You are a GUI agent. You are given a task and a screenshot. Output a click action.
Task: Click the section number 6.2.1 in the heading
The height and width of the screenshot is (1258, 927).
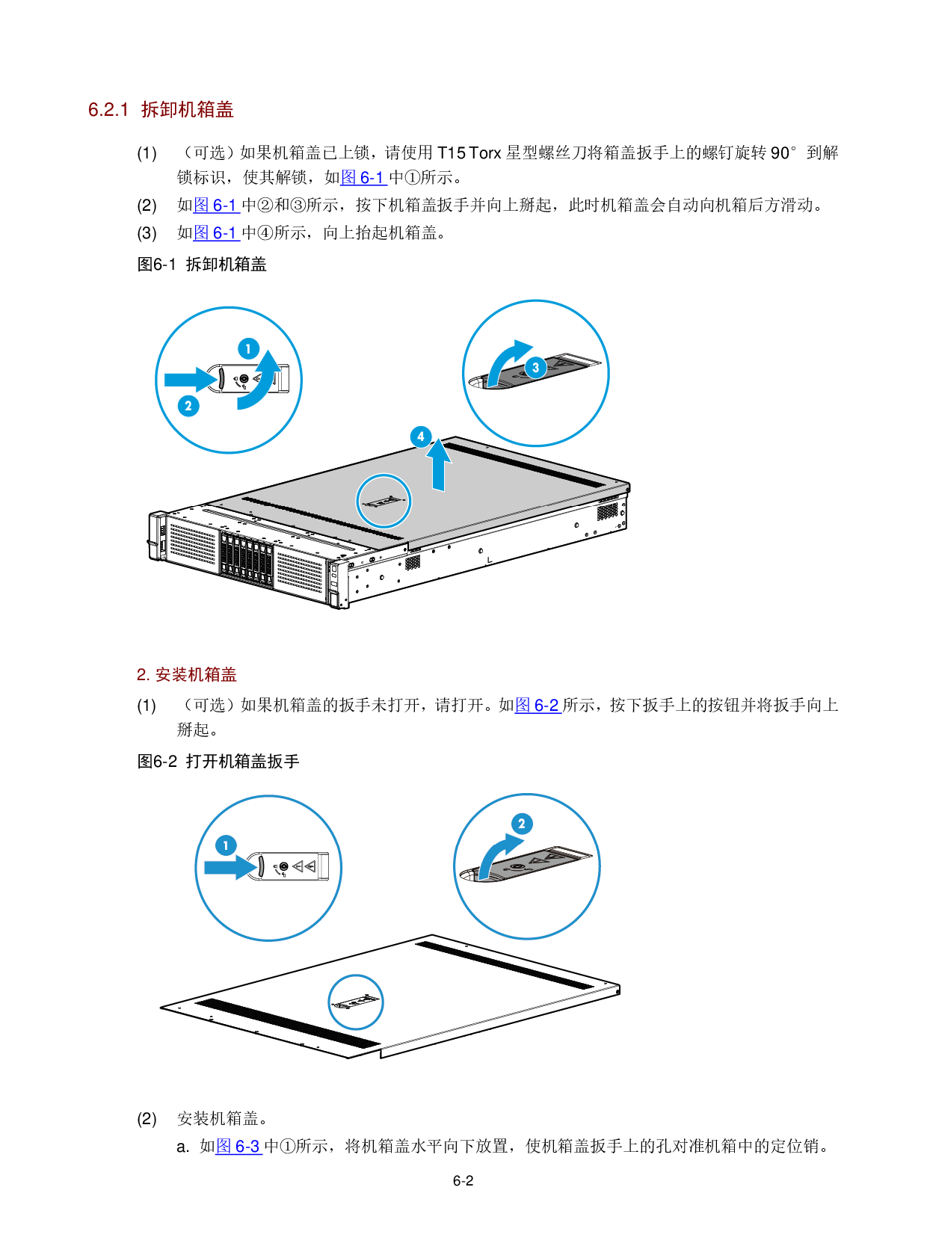point(108,110)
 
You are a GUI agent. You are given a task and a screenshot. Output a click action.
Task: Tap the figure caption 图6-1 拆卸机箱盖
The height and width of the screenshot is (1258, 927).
point(202,264)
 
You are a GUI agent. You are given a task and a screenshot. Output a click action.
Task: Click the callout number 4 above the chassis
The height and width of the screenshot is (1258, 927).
point(421,437)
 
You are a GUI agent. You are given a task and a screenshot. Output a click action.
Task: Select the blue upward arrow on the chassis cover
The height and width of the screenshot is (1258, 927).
point(438,465)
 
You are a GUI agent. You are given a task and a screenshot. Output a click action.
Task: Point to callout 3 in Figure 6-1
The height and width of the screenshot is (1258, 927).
point(535,367)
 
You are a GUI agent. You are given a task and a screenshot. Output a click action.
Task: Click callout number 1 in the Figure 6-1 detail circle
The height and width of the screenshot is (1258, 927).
point(248,348)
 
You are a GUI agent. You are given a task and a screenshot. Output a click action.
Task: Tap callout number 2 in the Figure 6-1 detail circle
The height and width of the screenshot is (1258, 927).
point(188,405)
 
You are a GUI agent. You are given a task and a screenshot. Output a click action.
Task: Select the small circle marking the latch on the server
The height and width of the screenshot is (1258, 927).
point(384,501)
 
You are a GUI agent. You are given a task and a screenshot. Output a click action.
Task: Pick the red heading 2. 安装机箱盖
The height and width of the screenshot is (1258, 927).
point(187,674)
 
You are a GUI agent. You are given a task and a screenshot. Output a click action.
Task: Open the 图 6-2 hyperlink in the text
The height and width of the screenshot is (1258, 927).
point(538,705)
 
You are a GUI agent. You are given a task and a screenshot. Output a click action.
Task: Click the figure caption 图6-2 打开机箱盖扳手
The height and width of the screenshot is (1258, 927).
point(218,762)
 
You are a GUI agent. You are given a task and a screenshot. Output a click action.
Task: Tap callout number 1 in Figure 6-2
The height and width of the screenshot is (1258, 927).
point(226,845)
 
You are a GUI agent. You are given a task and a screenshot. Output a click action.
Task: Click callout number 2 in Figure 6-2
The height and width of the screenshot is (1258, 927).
point(521,823)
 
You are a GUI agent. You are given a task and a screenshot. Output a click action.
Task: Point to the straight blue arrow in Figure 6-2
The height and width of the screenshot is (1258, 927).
point(231,867)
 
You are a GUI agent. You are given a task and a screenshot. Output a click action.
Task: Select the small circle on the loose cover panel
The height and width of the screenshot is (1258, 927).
point(356,1002)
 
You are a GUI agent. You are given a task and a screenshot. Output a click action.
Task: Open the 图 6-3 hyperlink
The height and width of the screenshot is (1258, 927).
point(238,1146)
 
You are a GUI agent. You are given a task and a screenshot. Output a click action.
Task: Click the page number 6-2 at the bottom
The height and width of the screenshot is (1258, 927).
point(463,1180)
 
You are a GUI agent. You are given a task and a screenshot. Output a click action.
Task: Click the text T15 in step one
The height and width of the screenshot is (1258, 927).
point(451,152)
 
